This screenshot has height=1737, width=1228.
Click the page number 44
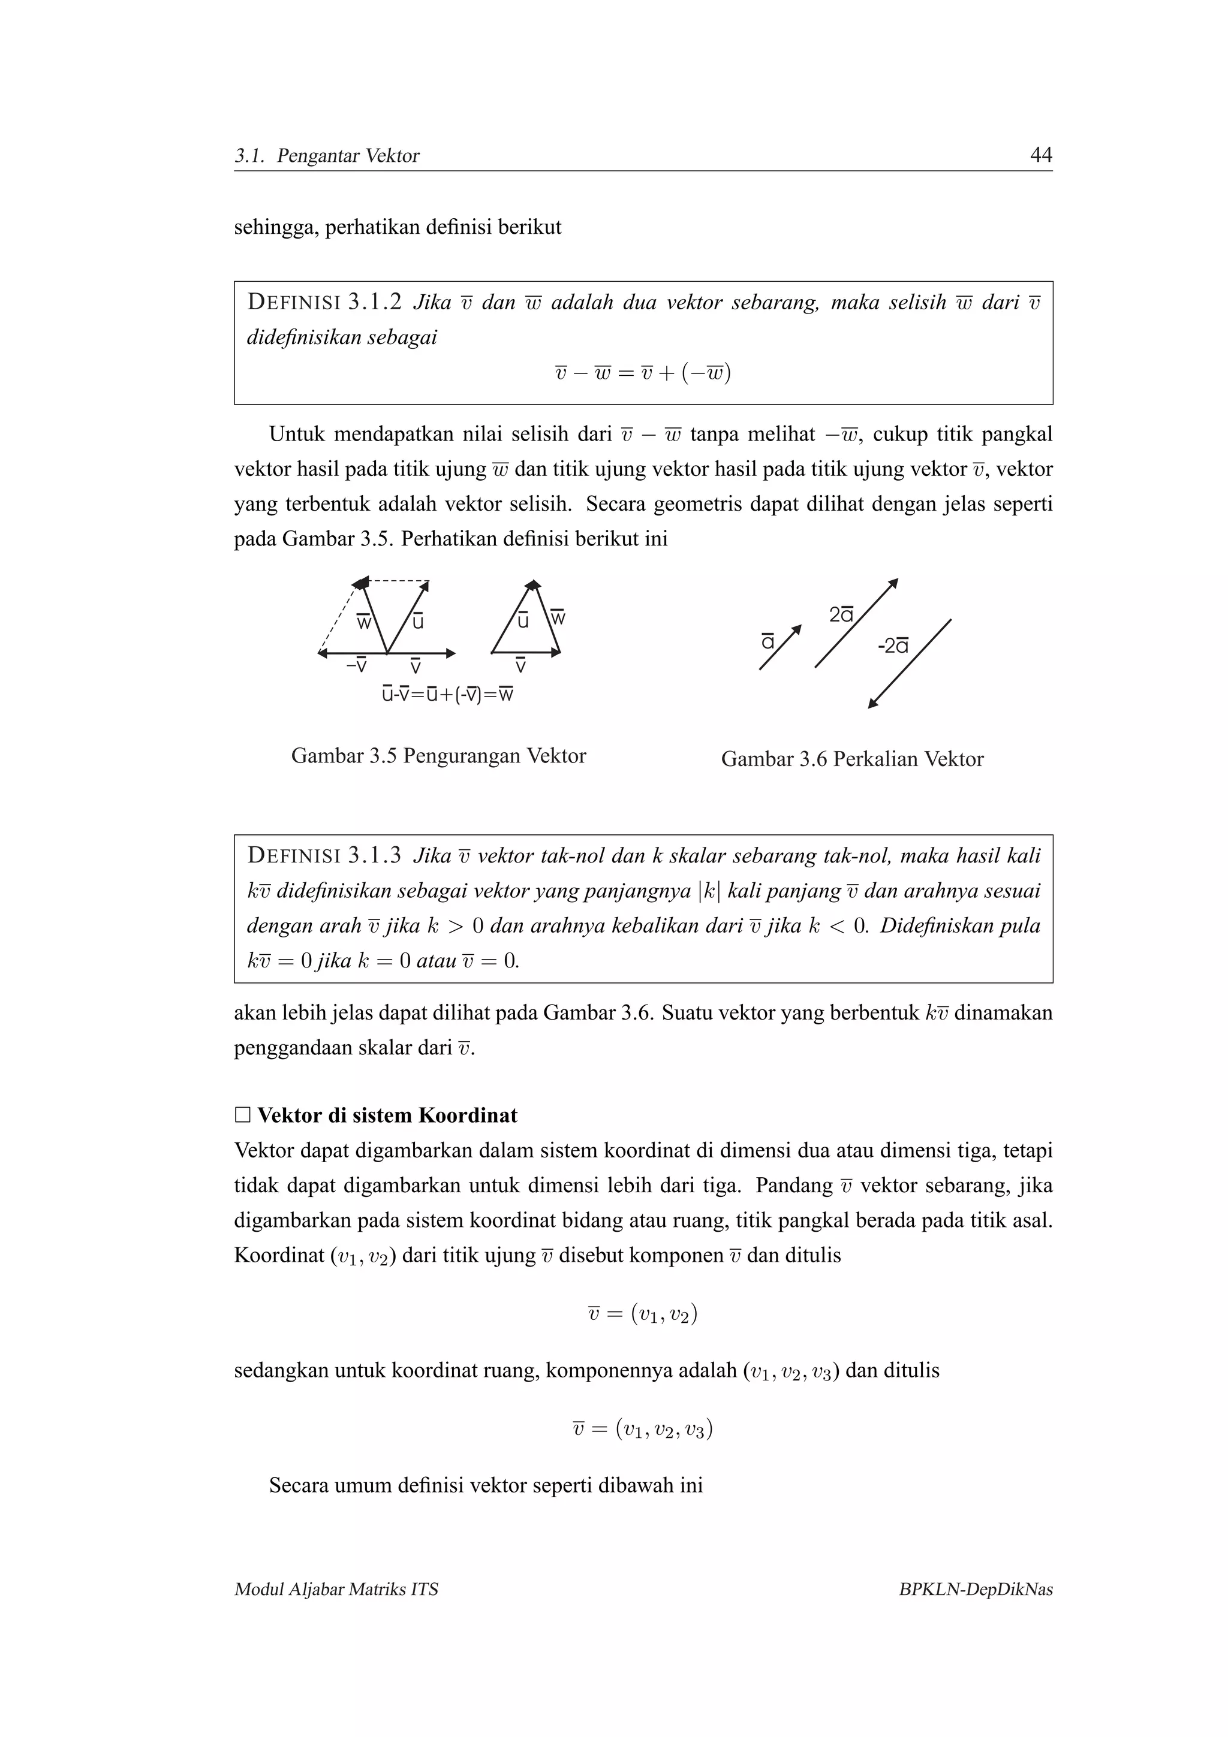click(1041, 155)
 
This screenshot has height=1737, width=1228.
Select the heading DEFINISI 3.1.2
click(324, 303)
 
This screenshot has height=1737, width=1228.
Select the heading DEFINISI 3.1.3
click(324, 856)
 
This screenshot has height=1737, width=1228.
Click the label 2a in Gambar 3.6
click(841, 614)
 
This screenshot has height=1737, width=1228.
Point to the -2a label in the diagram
click(893, 646)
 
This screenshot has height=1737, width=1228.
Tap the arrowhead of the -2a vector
click(872, 704)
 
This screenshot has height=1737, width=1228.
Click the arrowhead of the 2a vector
click(893, 583)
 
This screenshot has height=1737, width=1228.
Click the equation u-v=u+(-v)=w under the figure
click(448, 693)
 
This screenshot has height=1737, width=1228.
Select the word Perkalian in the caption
click(875, 759)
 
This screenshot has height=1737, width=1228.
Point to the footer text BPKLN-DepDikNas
click(976, 1590)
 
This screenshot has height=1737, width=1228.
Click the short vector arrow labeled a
click(780, 647)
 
